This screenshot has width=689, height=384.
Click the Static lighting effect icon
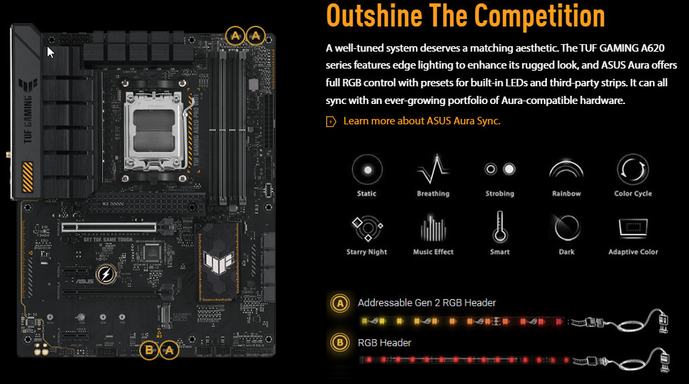[x=367, y=170]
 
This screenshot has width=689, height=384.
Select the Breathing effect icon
[x=434, y=170]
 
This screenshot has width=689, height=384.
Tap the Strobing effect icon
[x=499, y=169]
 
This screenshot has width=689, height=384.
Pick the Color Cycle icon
[x=633, y=170]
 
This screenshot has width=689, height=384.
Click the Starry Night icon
[x=368, y=228]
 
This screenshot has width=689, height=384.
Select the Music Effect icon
[x=434, y=228]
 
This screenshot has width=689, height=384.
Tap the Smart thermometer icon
[x=499, y=227]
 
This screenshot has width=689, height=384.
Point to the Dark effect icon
[x=567, y=228]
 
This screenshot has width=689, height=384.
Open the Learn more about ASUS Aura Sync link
[x=422, y=121]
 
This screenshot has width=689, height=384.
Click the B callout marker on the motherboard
[x=149, y=350]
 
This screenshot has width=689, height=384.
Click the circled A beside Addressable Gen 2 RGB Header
[x=340, y=303]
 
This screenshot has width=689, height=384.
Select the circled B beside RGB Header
[x=340, y=343]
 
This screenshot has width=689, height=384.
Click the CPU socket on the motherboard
[x=154, y=130]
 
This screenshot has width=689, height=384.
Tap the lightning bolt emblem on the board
[x=106, y=274]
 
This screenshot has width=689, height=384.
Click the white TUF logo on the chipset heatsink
[x=218, y=262]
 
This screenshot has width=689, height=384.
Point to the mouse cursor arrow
[x=50, y=52]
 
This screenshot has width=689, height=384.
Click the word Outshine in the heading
[x=374, y=16]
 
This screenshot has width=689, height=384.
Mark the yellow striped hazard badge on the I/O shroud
[x=28, y=177]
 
